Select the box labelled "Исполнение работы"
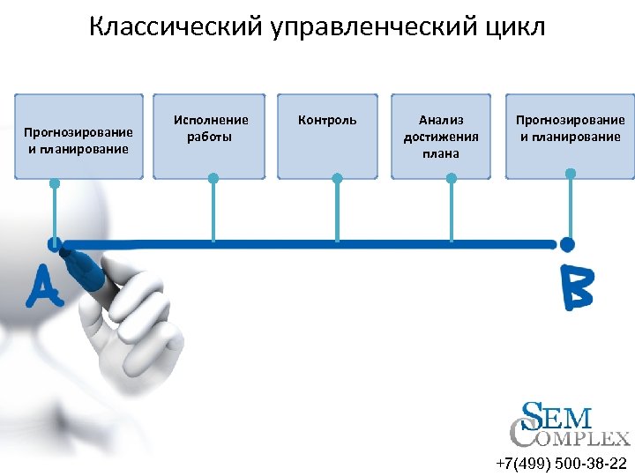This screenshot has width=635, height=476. tap(210, 137)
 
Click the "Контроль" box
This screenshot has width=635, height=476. tap(328, 137)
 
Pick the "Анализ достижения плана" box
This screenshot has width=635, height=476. tap(441, 137)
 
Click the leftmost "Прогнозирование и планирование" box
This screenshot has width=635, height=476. tap(78, 137)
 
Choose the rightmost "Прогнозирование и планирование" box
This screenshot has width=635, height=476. tap(570, 137)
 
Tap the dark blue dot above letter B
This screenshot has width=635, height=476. tap(567, 243)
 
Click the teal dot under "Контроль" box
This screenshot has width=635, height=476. tap(337, 178)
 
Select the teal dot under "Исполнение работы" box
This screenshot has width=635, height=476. tap(213, 178)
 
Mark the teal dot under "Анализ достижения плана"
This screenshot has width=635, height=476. tap(452, 178)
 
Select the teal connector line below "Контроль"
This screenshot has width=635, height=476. tap(337, 212)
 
